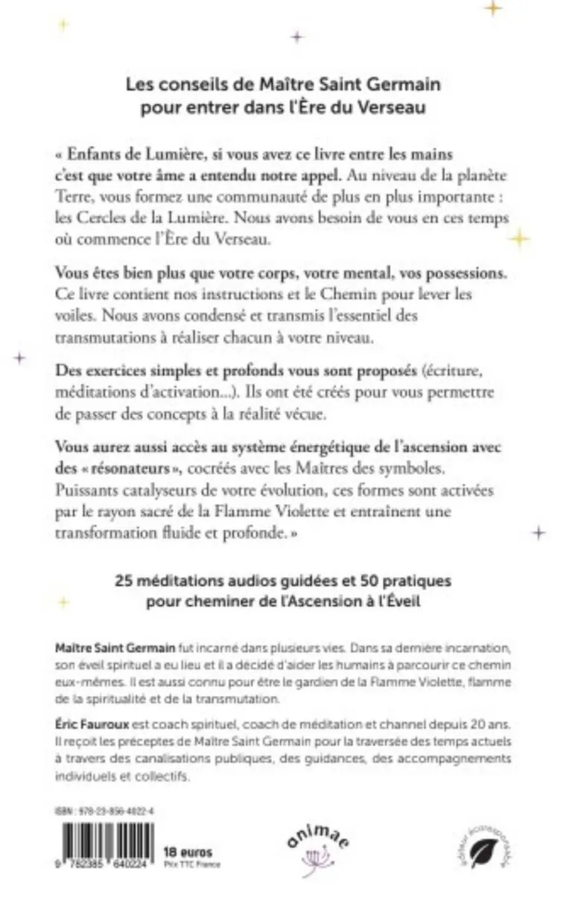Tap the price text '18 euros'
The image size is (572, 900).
pyautogui.click(x=187, y=852)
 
